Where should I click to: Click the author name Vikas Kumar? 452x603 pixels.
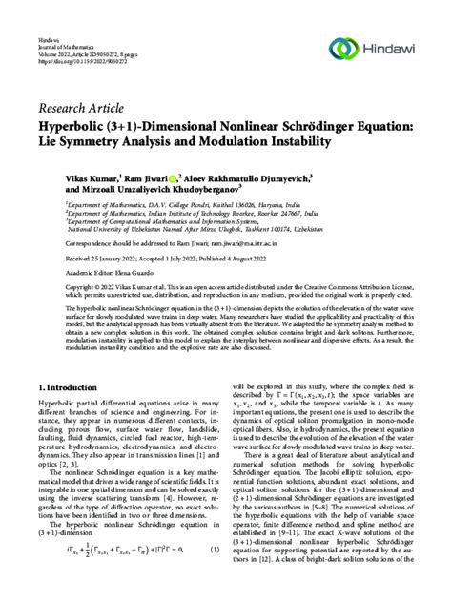pyautogui.click(x=89, y=177)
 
